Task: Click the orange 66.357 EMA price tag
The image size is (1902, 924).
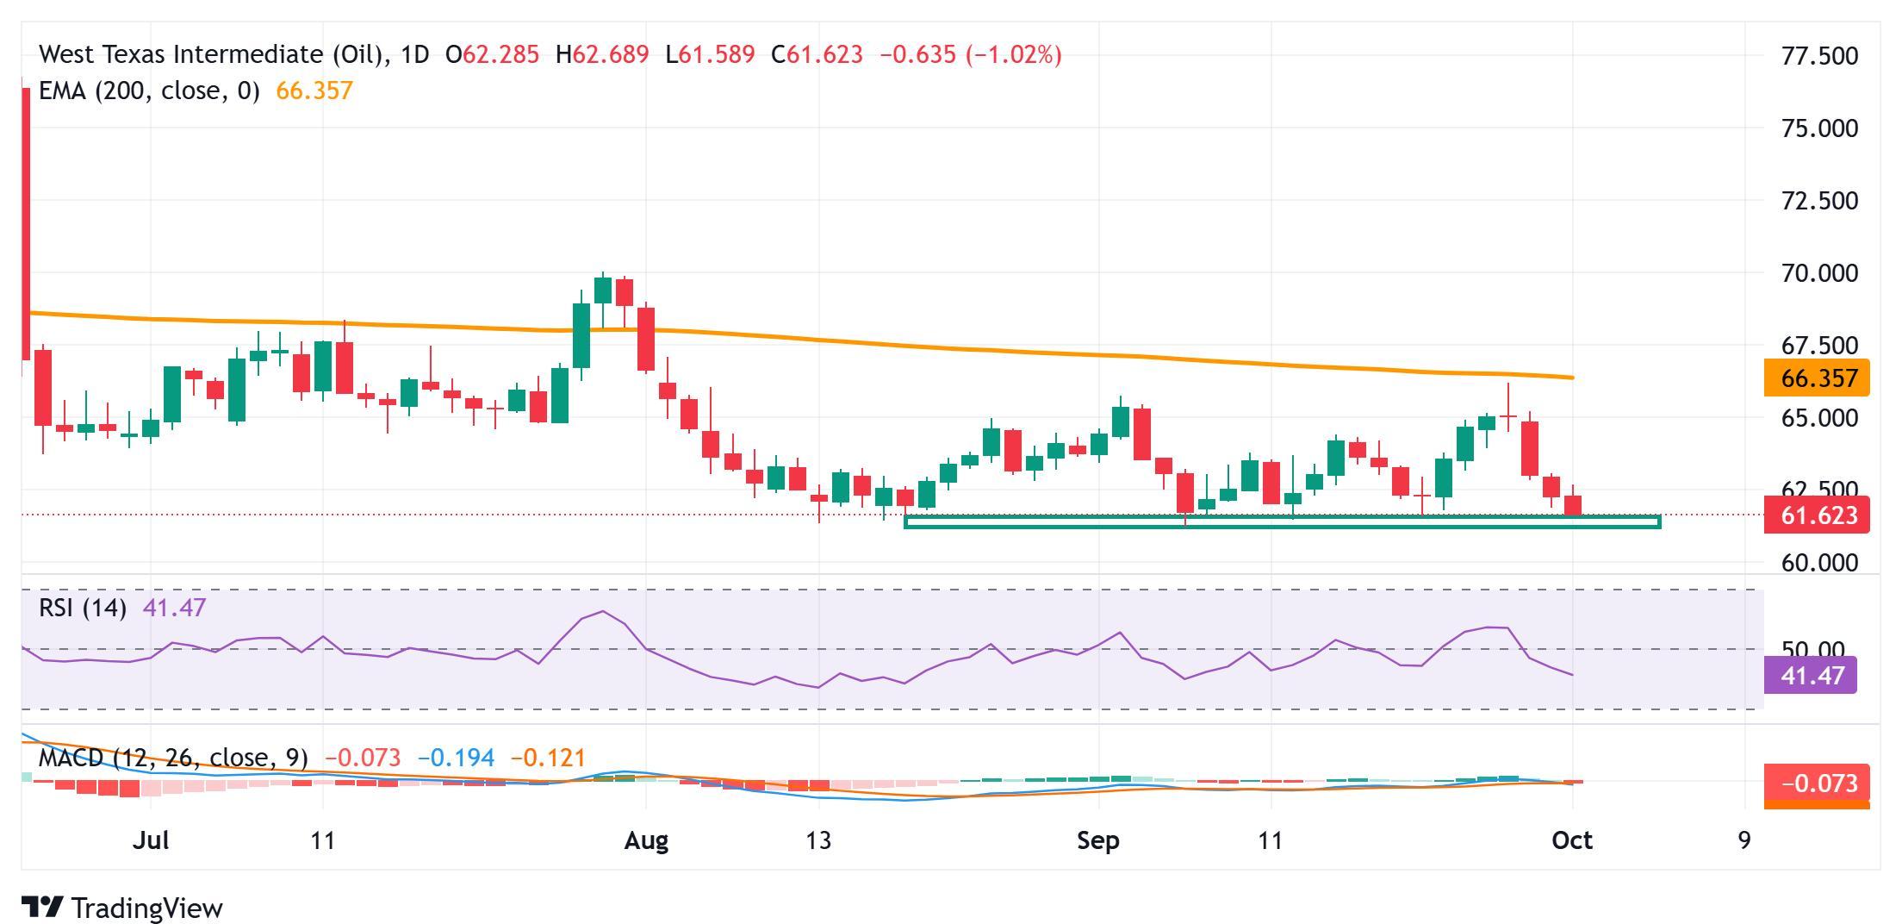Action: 1816,378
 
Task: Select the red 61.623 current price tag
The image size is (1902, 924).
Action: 1816,515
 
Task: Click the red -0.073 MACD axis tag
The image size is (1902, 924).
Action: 1816,784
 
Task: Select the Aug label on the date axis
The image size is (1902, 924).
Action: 646,840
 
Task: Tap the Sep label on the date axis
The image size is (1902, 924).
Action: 1098,840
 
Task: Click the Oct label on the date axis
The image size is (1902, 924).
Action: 1572,840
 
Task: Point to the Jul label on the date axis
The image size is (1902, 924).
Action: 151,840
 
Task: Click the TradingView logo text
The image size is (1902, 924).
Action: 146,908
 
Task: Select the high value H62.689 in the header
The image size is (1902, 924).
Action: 602,55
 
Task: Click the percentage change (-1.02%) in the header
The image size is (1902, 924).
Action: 1013,55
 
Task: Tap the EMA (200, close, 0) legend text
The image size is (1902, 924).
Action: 149,91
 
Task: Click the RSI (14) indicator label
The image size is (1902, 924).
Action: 83,608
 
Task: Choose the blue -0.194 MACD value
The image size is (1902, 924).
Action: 456,758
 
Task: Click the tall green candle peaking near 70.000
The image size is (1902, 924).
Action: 603,290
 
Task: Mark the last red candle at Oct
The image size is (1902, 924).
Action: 1573,505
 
